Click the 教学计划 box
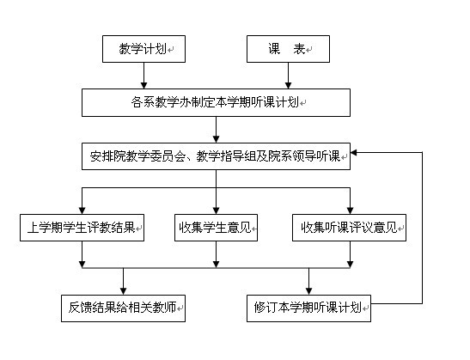click(143, 49)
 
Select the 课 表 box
click(288, 49)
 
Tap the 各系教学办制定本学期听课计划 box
click(217, 102)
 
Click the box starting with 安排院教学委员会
click(217, 156)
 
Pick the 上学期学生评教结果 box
click(82, 228)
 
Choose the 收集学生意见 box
click(217, 228)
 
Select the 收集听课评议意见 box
click(349, 228)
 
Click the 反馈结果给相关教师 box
click(123, 308)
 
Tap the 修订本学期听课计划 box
click(308, 308)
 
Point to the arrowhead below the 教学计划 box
click(143, 85)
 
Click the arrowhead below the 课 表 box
click(288, 85)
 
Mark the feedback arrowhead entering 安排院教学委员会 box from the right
click(354, 153)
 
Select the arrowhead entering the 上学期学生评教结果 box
click(82, 211)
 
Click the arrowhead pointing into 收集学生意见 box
click(217, 211)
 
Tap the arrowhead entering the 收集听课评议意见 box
click(350, 211)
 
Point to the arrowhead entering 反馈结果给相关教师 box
click(123, 291)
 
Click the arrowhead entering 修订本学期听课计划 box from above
click(308, 291)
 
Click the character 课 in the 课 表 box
click(274, 49)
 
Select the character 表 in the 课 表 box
click(299, 49)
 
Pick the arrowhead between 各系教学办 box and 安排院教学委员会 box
click(217, 139)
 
